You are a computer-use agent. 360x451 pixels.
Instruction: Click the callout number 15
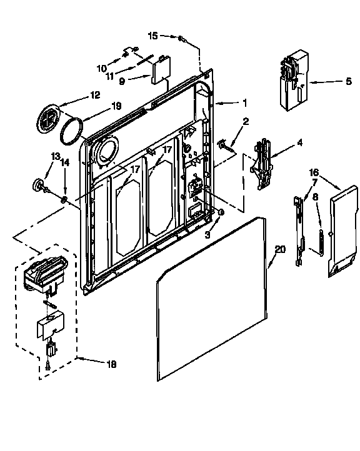(153, 36)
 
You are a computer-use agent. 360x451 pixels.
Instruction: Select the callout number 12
(95, 96)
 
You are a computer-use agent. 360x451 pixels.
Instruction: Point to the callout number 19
(116, 107)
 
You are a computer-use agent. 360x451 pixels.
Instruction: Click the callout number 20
(280, 249)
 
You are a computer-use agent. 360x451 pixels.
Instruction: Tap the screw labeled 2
(222, 145)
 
